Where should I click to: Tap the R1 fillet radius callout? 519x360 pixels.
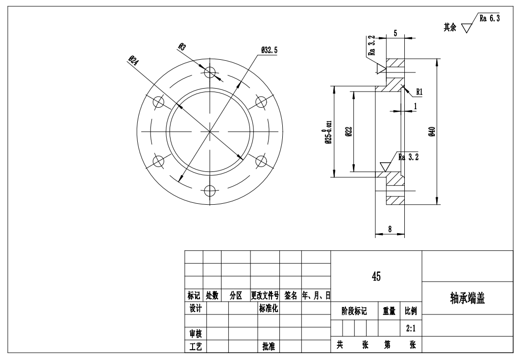tap(420, 92)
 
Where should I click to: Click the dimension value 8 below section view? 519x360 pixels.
tap(389, 228)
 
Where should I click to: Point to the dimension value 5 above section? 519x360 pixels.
tap(395, 33)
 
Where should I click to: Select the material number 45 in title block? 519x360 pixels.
tap(376, 276)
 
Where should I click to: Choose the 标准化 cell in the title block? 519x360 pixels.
tap(269, 309)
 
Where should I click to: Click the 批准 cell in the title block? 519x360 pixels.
tap(269, 346)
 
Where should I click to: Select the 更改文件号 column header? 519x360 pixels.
tap(265, 296)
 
